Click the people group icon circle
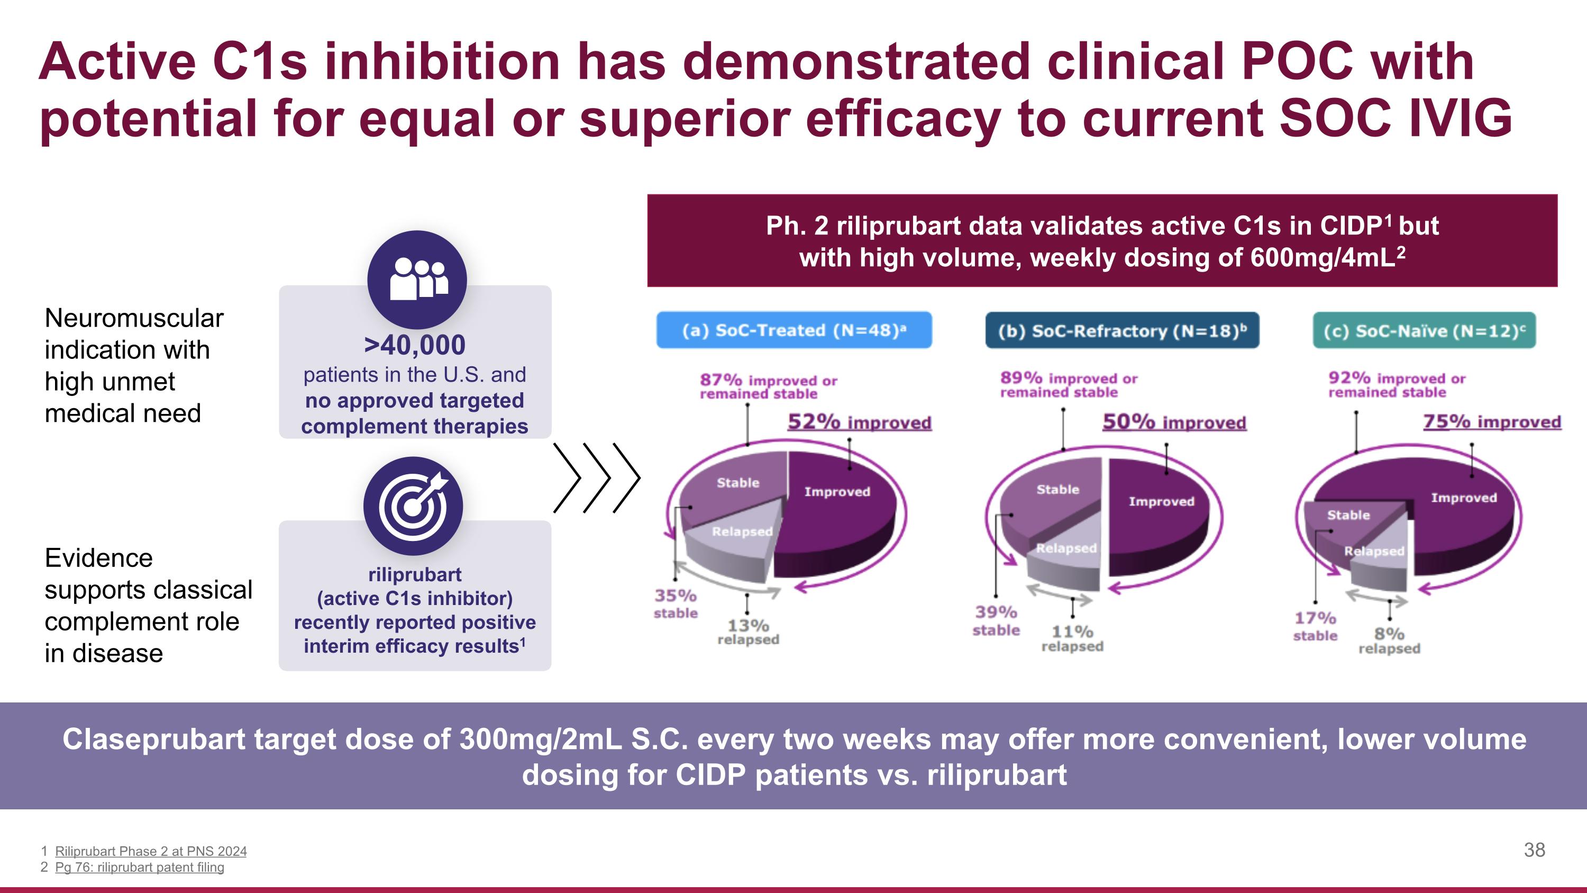[417, 280]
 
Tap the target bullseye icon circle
[413, 506]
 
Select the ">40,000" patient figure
[415, 345]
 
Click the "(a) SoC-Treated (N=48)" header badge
[793, 330]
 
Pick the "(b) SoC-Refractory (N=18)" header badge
[1122, 331]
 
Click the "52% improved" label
[860, 423]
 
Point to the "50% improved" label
[1174, 423]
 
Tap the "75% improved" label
[1491, 422]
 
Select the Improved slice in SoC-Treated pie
[838, 511]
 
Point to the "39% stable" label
[996, 620]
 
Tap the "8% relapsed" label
[1389, 641]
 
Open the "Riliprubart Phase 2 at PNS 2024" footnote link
[150, 851]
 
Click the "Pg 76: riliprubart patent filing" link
[139, 867]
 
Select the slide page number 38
[1534, 850]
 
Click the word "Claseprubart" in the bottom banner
[153, 739]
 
